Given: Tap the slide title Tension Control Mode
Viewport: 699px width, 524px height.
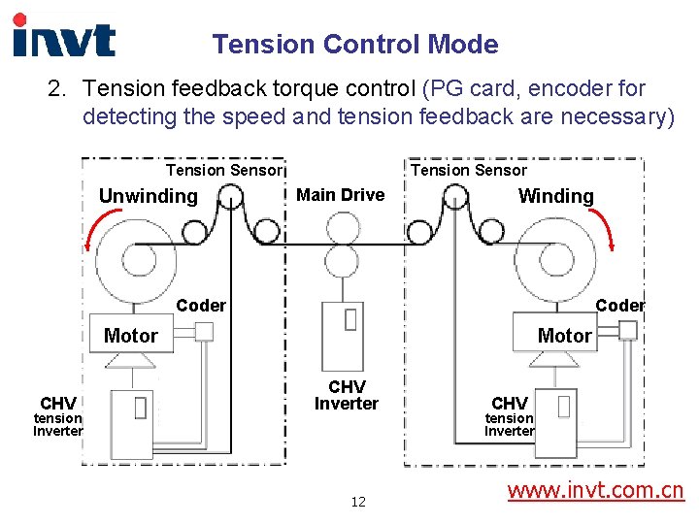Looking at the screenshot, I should click(355, 45).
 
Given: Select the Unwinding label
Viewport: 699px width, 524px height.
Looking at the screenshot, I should click(148, 196).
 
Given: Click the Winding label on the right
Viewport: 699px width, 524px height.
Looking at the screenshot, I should click(555, 196).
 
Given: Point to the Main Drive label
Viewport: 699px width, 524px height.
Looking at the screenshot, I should click(340, 195).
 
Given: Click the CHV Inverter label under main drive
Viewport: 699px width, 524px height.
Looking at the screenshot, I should click(346, 395).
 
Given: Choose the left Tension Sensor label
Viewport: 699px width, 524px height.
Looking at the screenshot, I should click(223, 171).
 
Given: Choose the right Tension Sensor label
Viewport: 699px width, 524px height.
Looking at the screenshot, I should click(469, 171).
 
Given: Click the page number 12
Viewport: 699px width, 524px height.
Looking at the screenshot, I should click(358, 502).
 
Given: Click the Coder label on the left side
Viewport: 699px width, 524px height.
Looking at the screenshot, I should click(201, 306).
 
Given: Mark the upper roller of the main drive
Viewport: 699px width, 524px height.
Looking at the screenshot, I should click(341, 228).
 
